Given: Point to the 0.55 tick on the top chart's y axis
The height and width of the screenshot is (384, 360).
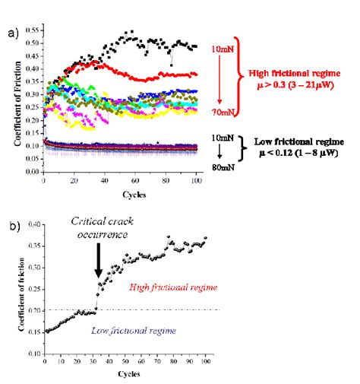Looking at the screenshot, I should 33,27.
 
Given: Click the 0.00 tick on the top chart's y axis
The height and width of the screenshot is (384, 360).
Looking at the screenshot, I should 33,171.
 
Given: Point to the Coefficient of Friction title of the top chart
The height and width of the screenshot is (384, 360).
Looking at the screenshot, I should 16,99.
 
